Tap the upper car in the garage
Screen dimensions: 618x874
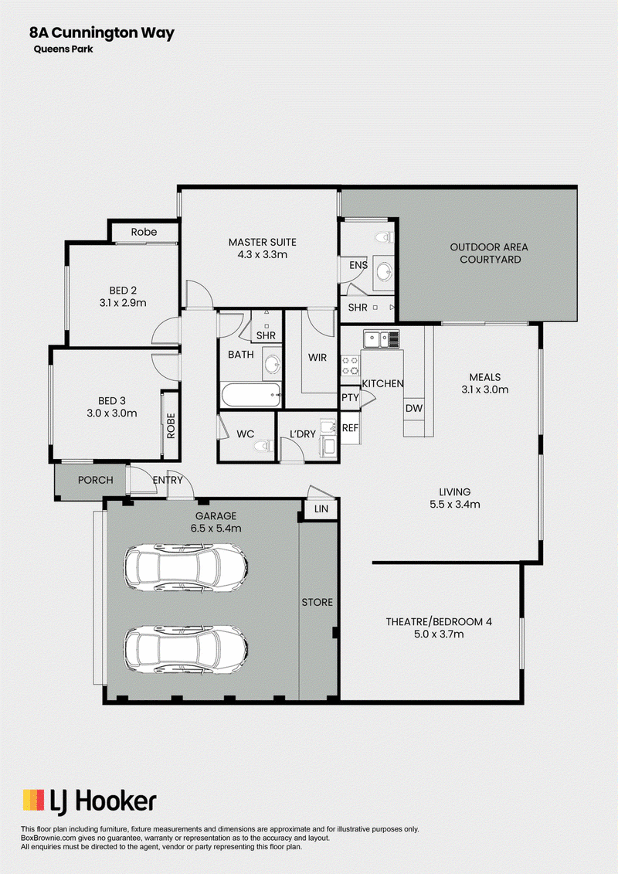pos(185,568)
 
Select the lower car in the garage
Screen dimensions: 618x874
pos(185,651)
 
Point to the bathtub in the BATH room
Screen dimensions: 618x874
pos(251,396)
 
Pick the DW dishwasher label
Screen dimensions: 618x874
pos(414,408)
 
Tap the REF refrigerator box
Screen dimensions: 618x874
pos(351,428)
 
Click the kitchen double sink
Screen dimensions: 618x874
pos(381,339)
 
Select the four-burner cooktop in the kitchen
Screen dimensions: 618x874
pos(350,366)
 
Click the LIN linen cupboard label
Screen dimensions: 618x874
pos(321,509)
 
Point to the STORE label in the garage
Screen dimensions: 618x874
pos(317,602)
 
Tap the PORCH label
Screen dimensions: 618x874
pos(95,480)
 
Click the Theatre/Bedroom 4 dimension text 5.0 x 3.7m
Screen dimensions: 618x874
pos(439,634)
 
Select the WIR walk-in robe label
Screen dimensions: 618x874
pos(317,357)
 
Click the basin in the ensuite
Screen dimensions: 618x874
pos(384,272)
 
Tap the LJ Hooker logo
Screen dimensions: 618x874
pos(90,801)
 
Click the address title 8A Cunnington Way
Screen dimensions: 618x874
pos(102,33)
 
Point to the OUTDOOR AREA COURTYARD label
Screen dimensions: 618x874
pos(489,253)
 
